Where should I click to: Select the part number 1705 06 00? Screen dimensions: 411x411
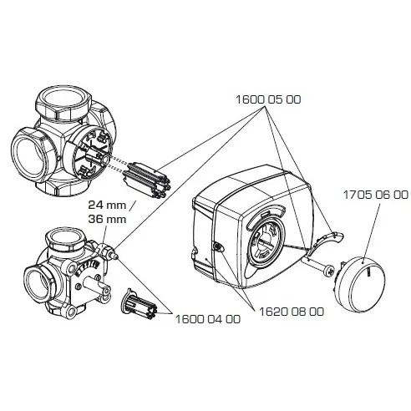click(375, 193)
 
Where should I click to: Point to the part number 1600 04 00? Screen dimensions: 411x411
click(207, 317)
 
